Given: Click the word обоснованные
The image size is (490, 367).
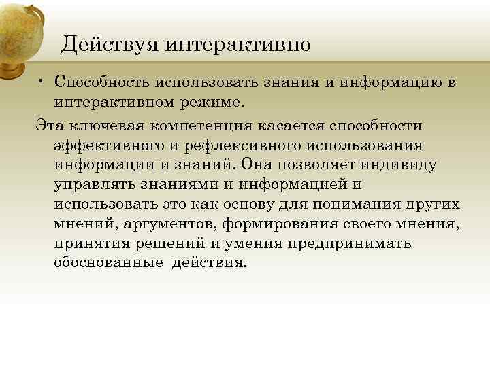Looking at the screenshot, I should [x=109, y=262].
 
